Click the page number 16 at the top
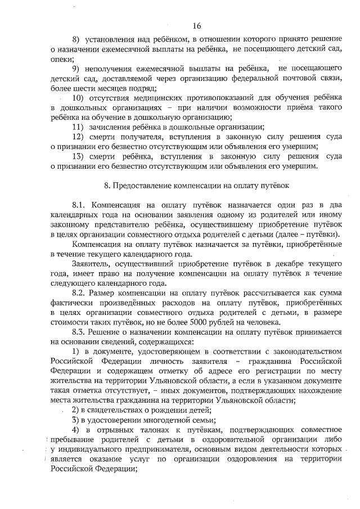point(196,25)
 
